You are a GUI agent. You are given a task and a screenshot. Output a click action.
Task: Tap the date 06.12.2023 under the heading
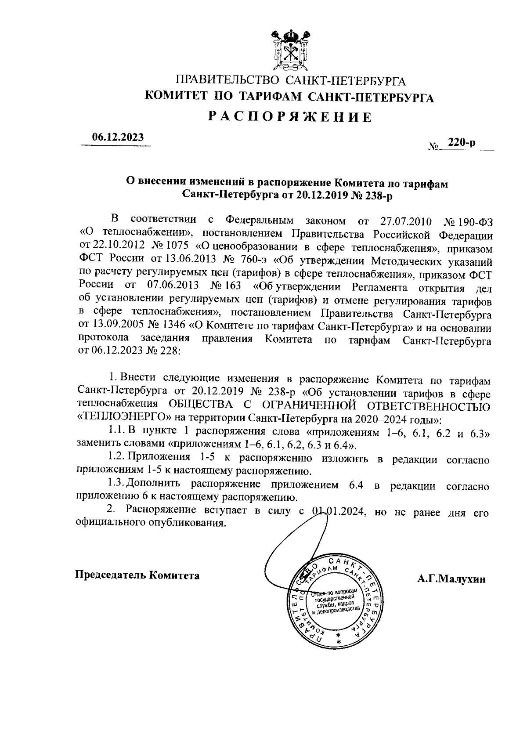[117, 137]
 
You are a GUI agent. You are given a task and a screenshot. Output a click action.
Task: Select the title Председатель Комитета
[137, 575]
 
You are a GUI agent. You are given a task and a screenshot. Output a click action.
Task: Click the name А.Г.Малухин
[451, 579]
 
